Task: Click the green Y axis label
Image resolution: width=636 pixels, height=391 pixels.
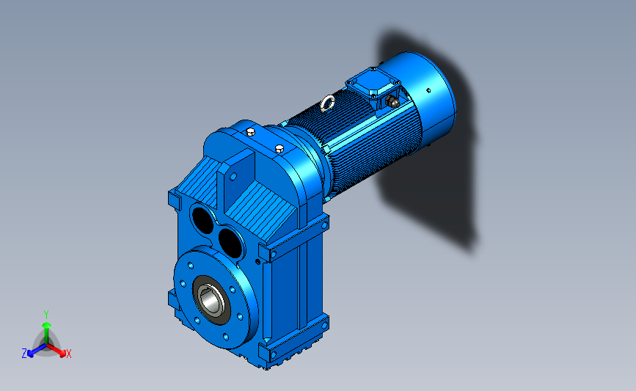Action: coord(45,315)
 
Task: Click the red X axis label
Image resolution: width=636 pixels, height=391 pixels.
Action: coord(68,354)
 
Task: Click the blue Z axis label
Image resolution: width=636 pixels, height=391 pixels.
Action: coord(24,354)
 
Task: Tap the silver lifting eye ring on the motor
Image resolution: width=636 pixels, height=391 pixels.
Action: coord(327,103)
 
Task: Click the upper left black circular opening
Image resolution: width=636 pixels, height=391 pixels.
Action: coord(202,220)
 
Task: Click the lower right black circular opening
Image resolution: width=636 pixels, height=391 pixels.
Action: coord(230,243)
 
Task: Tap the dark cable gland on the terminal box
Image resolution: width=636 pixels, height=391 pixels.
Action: coord(392,101)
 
